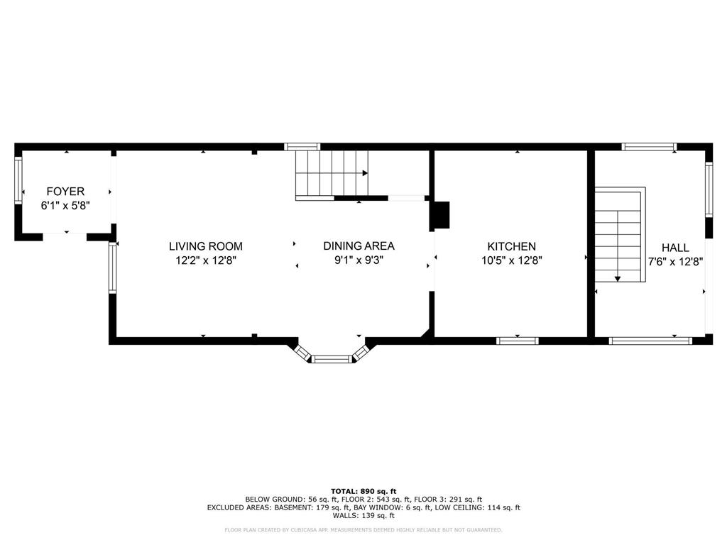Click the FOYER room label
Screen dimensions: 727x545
65,191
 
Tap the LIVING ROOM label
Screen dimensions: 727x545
205,246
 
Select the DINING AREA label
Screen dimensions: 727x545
359,246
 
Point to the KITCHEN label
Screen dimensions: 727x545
511,246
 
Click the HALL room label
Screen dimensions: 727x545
675,248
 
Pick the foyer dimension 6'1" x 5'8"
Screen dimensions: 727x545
65,205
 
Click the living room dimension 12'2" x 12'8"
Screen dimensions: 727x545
206,260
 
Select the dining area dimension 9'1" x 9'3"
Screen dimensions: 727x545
359,260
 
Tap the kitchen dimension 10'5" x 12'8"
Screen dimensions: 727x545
512,260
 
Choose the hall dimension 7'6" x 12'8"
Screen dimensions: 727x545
676,261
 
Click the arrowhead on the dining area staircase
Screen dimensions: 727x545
366,173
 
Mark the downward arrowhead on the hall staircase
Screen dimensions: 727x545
618,278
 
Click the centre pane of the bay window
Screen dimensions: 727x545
332,358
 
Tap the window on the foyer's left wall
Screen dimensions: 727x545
18,180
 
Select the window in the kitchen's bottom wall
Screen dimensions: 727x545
518,341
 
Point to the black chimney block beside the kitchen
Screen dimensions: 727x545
441,215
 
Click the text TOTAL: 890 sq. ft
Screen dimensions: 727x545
363,491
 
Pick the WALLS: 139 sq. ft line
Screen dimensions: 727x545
363,515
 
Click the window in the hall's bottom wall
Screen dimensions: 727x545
650,341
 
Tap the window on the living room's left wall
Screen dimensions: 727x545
113,268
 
